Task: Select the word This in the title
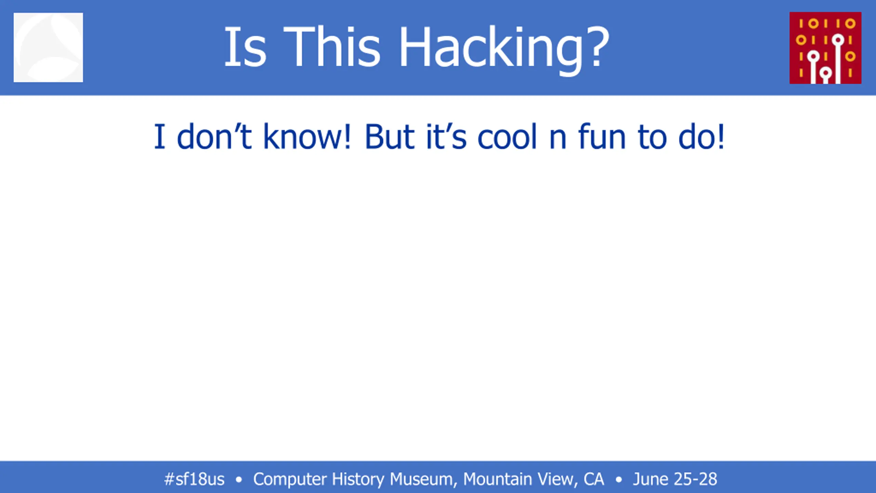point(332,47)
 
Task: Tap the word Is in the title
point(245,47)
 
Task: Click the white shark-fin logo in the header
point(48,48)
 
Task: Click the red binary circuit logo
point(825,48)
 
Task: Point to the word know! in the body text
point(307,137)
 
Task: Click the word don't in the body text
point(215,137)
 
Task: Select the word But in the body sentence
point(390,137)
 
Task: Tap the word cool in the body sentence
point(507,137)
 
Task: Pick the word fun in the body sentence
point(602,137)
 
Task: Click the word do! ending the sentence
point(701,137)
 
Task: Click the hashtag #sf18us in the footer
point(194,479)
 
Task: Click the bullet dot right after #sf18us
point(239,480)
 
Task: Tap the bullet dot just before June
point(619,480)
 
